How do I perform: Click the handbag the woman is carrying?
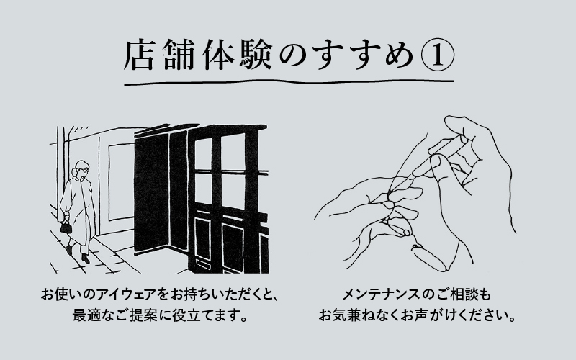coord(66,228)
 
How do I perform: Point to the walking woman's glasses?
coord(84,172)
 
